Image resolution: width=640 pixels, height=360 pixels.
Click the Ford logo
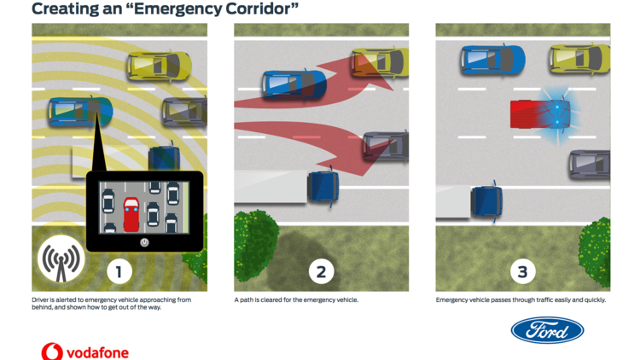(x=547, y=330)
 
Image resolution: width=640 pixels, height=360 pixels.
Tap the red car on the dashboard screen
(x=131, y=213)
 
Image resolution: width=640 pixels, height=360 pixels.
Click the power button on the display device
(x=144, y=242)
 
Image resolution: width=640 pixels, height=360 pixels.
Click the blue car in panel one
(x=79, y=111)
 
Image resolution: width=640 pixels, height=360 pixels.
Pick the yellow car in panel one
(x=159, y=65)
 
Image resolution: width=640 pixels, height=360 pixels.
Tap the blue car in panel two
(x=294, y=84)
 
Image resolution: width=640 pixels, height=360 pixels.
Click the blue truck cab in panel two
(x=323, y=187)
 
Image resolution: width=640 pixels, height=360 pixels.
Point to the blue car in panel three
(x=492, y=59)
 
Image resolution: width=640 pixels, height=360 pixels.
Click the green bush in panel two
(x=255, y=242)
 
